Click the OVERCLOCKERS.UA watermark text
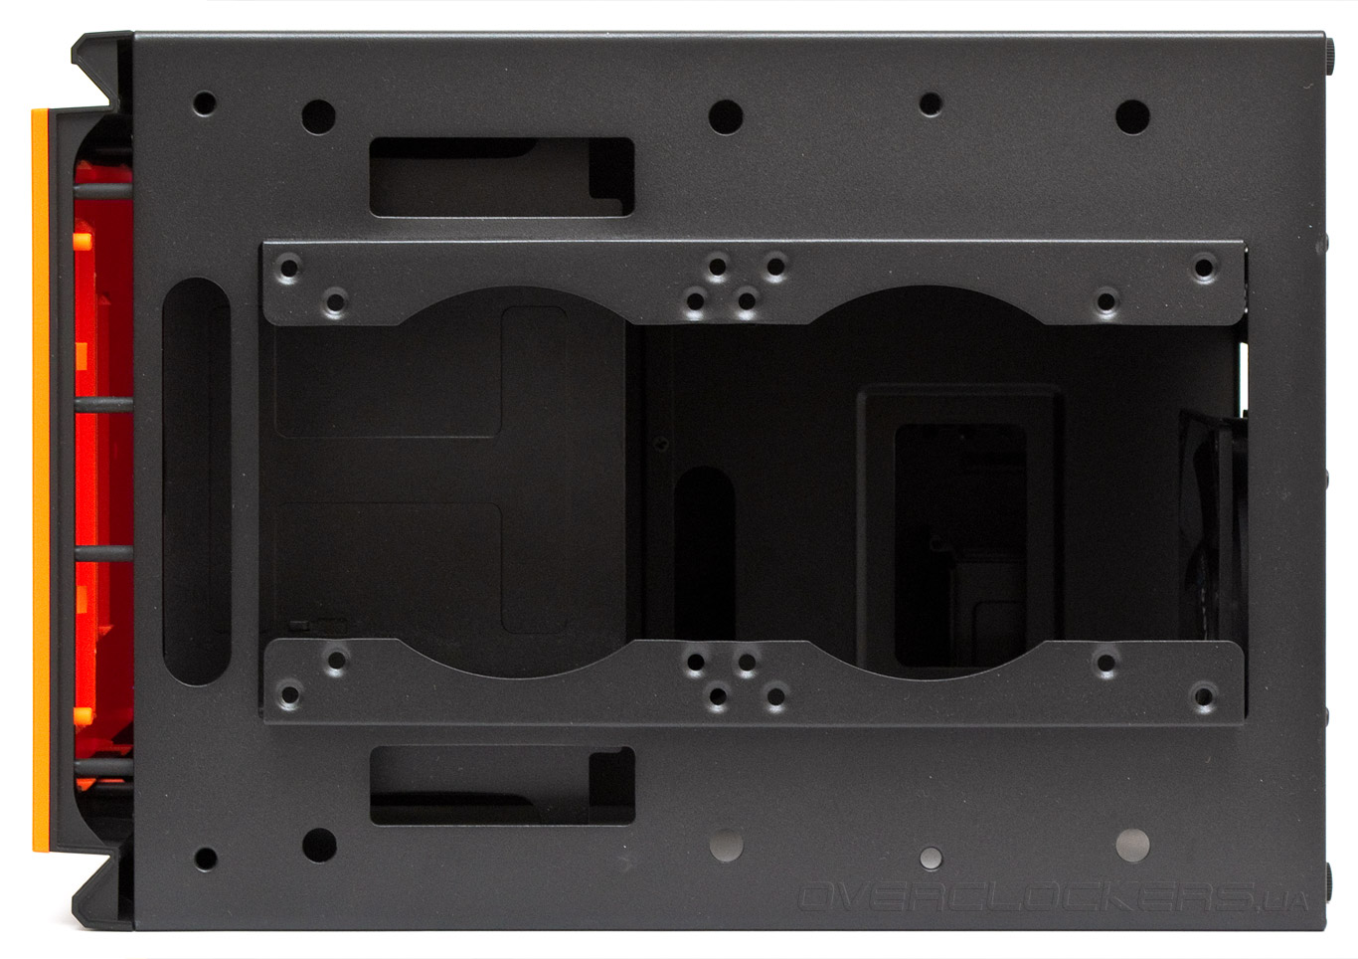click(x=1053, y=897)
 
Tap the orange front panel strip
click(x=40, y=480)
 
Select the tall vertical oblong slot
click(x=197, y=481)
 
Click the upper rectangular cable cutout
click(x=502, y=177)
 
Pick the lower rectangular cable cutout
click(x=502, y=786)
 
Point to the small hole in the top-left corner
click(x=205, y=103)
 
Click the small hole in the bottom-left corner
click(x=206, y=859)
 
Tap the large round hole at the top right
click(x=1132, y=117)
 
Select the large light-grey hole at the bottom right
click(x=1132, y=845)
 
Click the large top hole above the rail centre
click(x=726, y=117)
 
